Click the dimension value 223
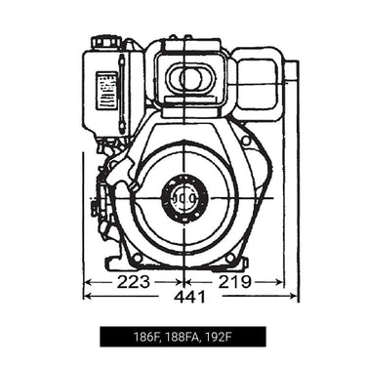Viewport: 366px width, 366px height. click(133, 282)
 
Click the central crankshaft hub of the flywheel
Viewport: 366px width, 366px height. click(183, 200)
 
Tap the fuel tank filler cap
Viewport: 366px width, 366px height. click(105, 43)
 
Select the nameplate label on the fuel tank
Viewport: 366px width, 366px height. click(106, 90)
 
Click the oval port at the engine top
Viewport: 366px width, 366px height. click(189, 77)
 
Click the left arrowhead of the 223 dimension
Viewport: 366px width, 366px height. click(88, 282)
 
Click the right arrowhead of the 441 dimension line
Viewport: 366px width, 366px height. click(295, 298)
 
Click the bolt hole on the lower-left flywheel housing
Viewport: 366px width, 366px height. click(138, 256)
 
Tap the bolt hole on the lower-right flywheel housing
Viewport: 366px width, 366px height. click(229, 257)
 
